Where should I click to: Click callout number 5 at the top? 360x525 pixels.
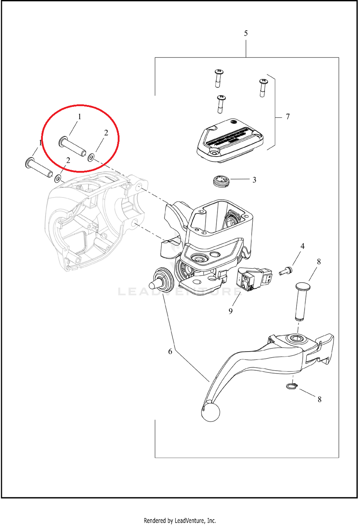click(x=246, y=33)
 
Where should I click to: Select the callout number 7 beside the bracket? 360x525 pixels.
click(x=288, y=117)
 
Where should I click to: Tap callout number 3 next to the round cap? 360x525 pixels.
click(x=254, y=180)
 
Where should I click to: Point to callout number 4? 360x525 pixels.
click(x=302, y=246)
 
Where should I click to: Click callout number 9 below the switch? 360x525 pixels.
click(x=230, y=311)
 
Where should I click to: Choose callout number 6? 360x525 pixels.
click(x=170, y=351)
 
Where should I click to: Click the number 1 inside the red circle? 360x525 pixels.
click(x=80, y=117)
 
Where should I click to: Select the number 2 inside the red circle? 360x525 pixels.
click(x=106, y=133)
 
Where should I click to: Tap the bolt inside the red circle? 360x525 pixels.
click(x=72, y=146)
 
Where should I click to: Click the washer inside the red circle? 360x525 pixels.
click(x=91, y=157)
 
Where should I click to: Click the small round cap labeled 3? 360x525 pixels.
click(x=221, y=181)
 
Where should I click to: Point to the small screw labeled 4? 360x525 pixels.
click(x=285, y=271)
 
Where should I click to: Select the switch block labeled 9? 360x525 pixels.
click(x=254, y=279)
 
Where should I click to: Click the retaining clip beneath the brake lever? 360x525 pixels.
click(x=292, y=386)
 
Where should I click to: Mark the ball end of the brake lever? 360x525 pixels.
click(x=211, y=412)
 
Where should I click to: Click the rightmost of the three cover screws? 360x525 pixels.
click(x=263, y=87)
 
